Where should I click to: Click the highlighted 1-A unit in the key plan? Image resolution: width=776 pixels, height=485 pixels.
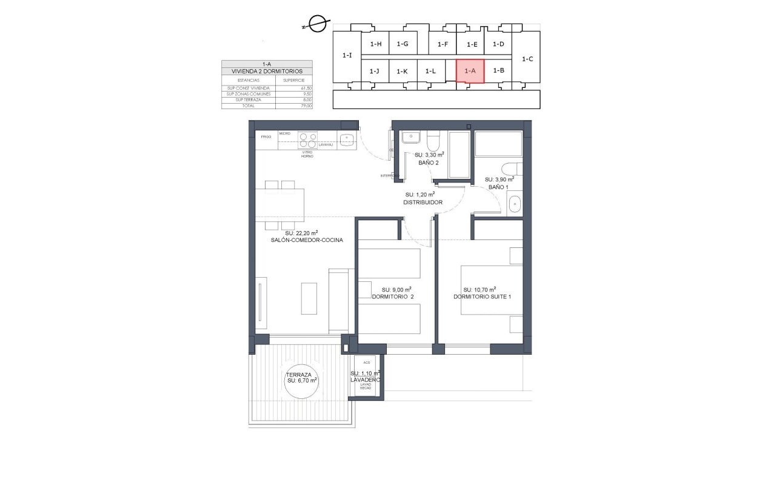[x=470, y=71]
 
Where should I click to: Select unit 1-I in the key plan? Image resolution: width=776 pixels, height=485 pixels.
[x=347, y=56]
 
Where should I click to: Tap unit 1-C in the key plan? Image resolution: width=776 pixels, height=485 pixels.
[x=527, y=59]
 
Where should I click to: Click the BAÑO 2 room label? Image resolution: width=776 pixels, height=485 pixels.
[x=428, y=164]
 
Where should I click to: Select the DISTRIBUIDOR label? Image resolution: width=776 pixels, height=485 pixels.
[x=423, y=202]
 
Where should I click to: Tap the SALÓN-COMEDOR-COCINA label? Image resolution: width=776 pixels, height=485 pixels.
[x=307, y=240]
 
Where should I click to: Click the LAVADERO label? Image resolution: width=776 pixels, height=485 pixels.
[x=366, y=380]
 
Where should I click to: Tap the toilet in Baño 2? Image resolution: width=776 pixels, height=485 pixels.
[x=433, y=141]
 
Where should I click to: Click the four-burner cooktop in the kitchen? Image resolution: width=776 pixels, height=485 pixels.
[x=307, y=140]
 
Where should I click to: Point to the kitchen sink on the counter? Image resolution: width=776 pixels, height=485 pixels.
[x=347, y=139]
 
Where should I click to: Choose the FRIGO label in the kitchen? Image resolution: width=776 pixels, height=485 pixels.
[x=266, y=138]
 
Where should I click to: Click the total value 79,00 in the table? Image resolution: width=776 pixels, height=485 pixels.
[x=306, y=105]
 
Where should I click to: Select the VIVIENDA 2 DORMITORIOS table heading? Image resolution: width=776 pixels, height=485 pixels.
[x=267, y=71]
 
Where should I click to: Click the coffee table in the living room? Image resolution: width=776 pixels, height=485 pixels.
[x=309, y=298]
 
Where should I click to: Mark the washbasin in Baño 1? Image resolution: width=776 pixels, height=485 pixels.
[x=515, y=205]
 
